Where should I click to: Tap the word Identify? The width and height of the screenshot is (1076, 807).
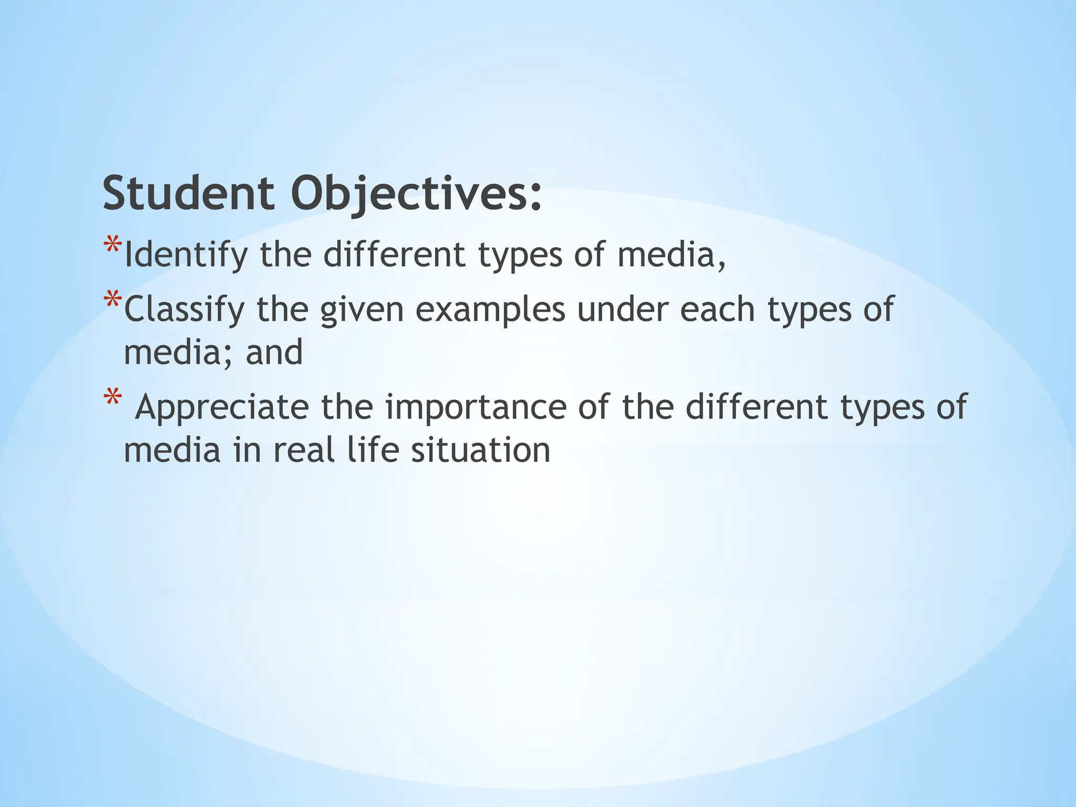185,255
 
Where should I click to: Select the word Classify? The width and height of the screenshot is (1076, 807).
184,310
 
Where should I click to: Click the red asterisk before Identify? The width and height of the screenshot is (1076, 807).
112,246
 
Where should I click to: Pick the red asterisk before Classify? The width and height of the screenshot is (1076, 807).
112,301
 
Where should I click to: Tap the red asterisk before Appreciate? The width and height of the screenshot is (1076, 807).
112,397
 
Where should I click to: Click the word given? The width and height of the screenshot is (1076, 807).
362,310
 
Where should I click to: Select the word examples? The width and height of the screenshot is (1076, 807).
490,310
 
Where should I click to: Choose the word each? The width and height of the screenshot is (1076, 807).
718,309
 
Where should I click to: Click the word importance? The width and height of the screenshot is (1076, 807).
475,408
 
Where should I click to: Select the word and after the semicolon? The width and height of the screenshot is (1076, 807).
274,352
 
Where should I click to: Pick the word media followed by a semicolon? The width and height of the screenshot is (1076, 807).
178,352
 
